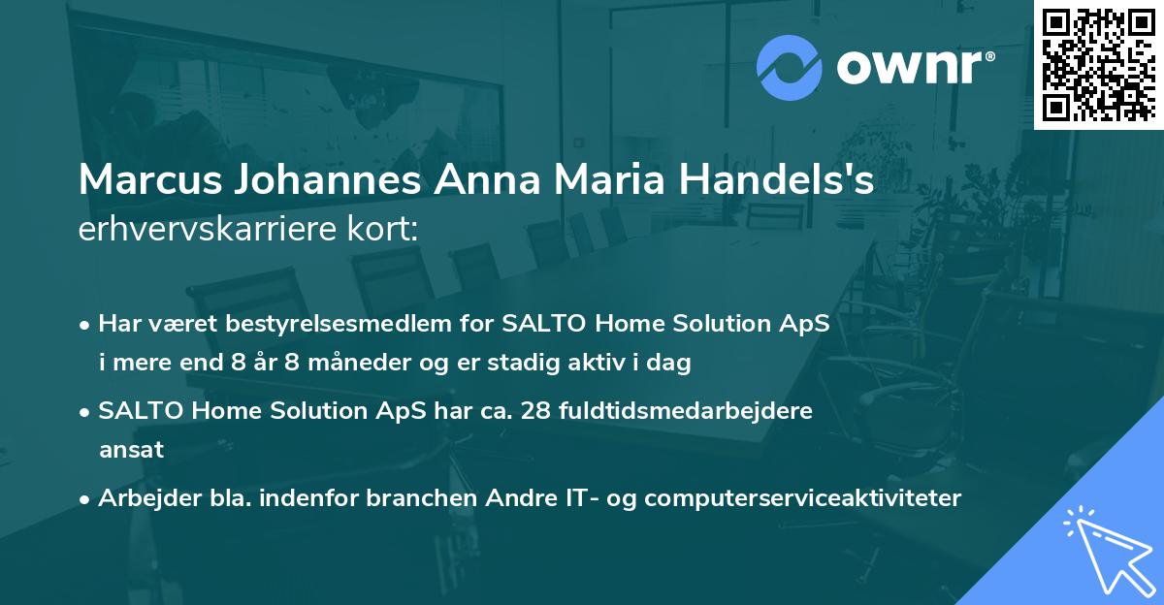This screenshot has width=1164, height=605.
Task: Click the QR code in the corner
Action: click(1098, 64)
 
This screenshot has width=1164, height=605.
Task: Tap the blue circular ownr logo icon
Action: click(790, 67)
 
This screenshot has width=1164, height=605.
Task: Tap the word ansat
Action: click(131, 450)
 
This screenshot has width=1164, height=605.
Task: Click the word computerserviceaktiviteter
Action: click(802, 498)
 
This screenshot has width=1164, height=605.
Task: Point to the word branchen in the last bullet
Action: click(424, 498)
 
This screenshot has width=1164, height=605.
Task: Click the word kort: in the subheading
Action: click(388, 230)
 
